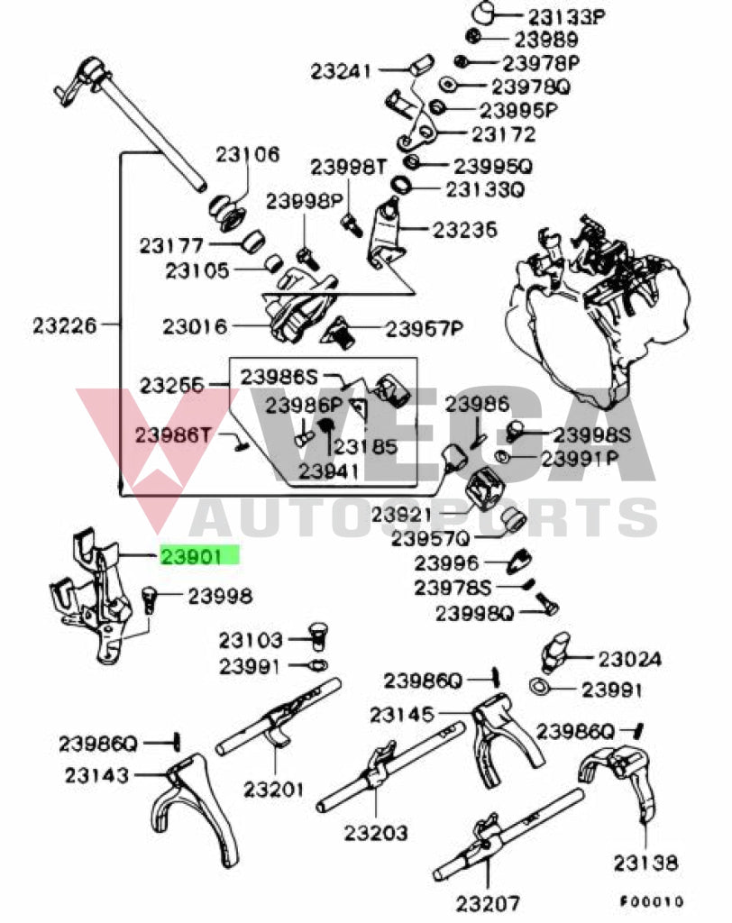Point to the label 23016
(195, 325)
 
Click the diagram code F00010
(652, 901)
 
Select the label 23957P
(424, 329)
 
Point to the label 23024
(629, 660)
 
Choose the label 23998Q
(474, 614)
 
